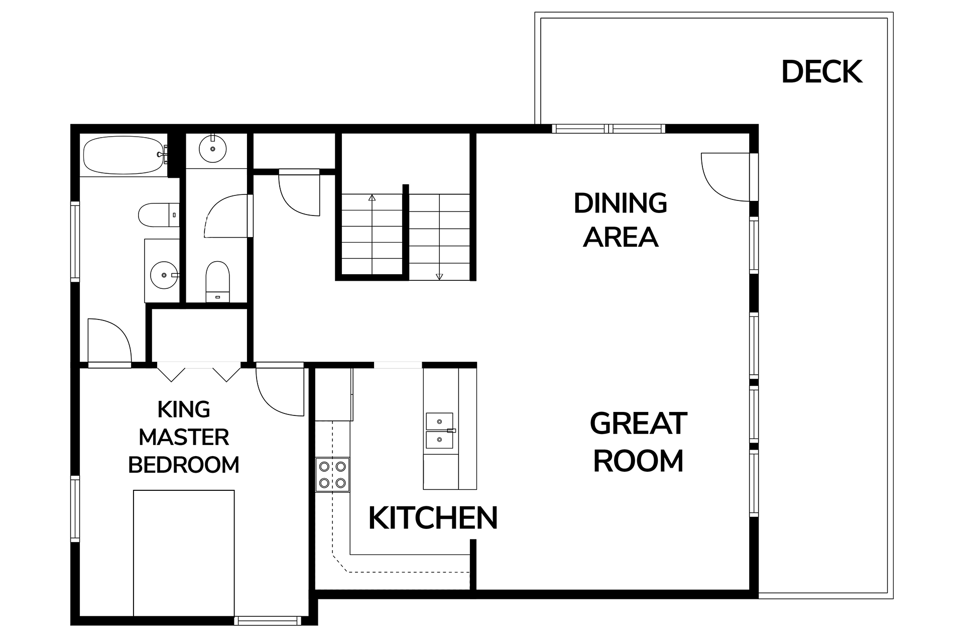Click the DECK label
point(822,72)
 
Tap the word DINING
point(621,203)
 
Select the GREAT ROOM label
point(639,442)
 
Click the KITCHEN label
point(433,518)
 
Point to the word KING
point(184,409)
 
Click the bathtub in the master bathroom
point(125,155)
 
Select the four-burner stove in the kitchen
point(332,474)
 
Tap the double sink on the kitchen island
point(440,431)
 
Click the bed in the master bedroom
point(184,553)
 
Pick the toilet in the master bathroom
point(159,215)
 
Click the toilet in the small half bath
point(217,282)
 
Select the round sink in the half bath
point(213,149)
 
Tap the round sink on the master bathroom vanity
point(164,275)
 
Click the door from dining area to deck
point(726,176)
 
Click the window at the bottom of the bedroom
point(268,621)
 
